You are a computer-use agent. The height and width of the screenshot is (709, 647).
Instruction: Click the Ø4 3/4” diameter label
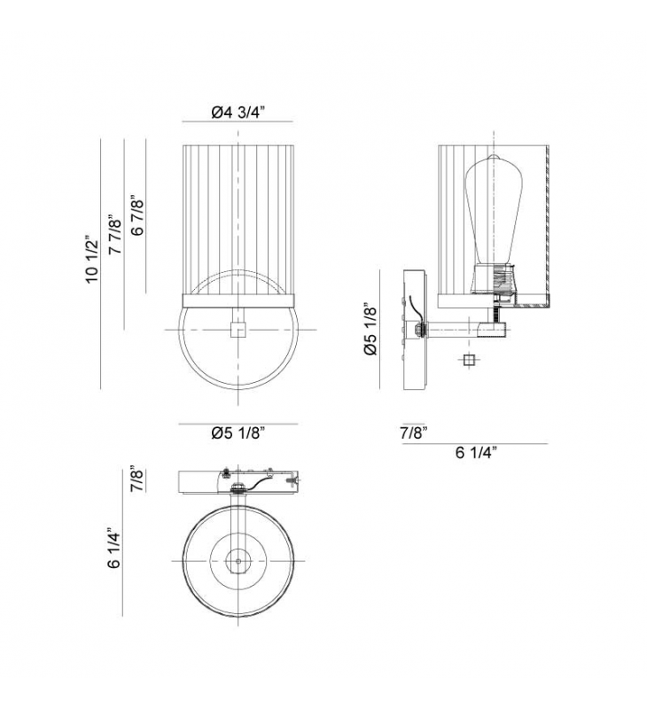pos(238,112)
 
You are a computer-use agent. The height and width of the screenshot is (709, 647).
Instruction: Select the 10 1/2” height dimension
pos(92,259)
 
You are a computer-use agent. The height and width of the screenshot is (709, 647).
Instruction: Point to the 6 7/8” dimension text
pos(136,215)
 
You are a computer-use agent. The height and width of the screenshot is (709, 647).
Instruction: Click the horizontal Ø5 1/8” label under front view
pos(238,433)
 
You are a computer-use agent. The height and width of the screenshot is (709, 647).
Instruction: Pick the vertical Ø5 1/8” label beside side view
pos(370,329)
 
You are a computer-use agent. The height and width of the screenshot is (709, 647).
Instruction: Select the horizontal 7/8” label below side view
pos(414,432)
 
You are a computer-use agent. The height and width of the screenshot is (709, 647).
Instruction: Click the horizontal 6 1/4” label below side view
pos(476,452)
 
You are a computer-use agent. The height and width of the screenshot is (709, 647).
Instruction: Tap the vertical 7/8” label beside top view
pos(136,479)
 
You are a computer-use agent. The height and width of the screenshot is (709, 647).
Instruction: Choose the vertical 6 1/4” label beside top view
pos(114,548)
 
